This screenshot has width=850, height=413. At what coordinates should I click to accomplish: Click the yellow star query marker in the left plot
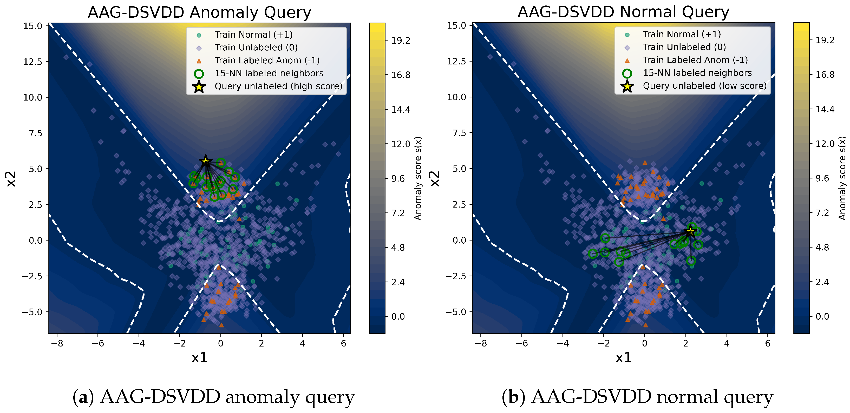pyautogui.click(x=206, y=161)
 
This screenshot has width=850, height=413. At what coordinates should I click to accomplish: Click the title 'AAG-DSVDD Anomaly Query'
pyautogui.click(x=199, y=12)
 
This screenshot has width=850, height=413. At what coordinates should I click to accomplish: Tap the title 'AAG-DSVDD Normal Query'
pyautogui.click(x=623, y=12)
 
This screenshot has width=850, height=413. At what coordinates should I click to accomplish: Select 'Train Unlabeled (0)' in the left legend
pyautogui.click(x=256, y=48)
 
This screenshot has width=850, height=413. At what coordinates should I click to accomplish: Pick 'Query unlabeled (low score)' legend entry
pyautogui.click(x=704, y=86)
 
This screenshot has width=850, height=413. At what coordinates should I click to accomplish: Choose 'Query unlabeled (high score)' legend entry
pyautogui.click(x=278, y=86)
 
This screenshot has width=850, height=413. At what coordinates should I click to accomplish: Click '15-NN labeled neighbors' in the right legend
pyautogui.click(x=697, y=73)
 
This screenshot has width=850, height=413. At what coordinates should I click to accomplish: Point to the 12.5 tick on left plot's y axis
pyautogui.click(x=33, y=62)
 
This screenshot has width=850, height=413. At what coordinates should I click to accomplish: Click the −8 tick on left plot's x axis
pyautogui.click(x=57, y=343)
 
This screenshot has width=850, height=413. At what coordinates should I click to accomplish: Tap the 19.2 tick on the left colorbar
pyautogui.click(x=401, y=41)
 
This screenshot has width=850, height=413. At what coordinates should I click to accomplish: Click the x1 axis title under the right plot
pyautogui.click(x=623, y=357)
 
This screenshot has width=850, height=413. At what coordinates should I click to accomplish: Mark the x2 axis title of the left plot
pyautogui.click(x=11, y=179)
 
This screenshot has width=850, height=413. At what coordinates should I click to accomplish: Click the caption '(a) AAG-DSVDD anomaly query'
pyautogui.click(x=213, y=397)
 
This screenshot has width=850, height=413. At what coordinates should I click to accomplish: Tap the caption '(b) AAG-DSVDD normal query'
pyautogui.click(x=637, y=397)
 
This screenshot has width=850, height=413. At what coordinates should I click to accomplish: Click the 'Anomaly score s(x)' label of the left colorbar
pyautogui.click(x=418, y=178)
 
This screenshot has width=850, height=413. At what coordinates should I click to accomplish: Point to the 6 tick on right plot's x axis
pyautogui.click(x=768, y=343)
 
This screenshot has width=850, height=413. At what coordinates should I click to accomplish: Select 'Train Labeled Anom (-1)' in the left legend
pyautogui.click(x=267, y=60)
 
